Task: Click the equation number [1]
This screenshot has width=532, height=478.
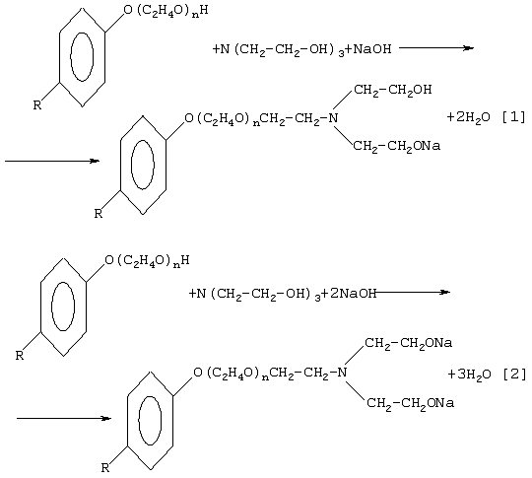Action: [513, 117]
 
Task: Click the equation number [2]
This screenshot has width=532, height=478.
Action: [514, 375]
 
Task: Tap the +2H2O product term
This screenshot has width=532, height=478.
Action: [469, 118]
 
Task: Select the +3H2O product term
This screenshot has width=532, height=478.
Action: [469, 376]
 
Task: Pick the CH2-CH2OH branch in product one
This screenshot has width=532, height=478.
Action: [393, 91]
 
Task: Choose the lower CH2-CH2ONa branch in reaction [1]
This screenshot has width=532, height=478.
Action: [397, 146]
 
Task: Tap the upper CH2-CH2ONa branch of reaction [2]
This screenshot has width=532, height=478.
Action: [409, 343]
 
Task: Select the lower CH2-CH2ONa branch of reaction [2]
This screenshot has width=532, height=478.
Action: [410, 403]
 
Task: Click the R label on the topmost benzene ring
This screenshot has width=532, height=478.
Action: [37, 104]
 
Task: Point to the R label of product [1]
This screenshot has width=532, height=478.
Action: [99, 214]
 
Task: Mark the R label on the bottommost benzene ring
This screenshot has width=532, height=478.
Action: [105, 468]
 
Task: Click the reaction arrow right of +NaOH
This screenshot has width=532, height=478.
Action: [436, 48]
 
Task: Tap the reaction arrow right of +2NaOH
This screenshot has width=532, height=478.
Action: [412, 292]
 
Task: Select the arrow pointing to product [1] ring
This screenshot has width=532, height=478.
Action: [52, 161]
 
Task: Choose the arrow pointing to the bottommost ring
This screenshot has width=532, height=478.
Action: [64, 418]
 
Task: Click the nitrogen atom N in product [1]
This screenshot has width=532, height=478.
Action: [334, 118]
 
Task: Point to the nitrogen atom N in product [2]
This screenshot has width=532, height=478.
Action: [343, 373]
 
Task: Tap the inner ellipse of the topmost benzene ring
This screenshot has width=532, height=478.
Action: [71, 57]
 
